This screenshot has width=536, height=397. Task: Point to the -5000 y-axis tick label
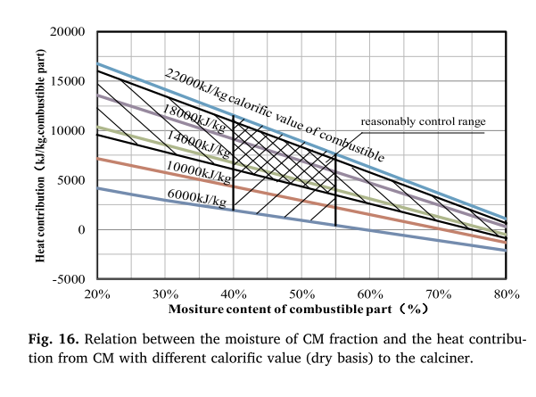tap(69, 279)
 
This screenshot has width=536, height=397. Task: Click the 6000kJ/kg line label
tap(194, 196)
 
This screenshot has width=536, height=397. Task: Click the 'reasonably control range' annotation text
tap(424, 121)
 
